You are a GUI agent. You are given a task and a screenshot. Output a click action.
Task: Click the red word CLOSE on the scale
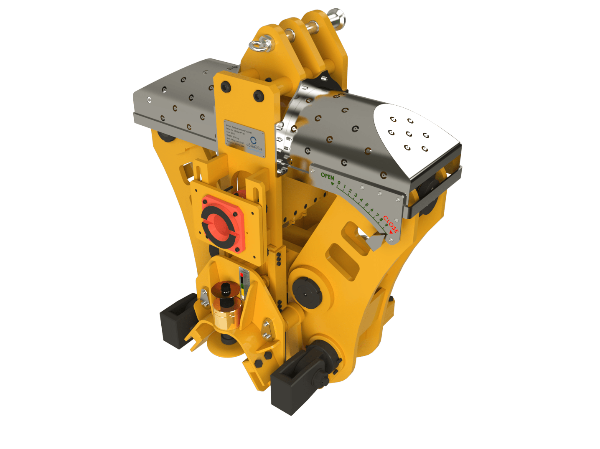pyautogui.click(x=391, y=224)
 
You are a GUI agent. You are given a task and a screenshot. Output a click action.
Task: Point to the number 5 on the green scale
pyautogui.click(x=366, y=205)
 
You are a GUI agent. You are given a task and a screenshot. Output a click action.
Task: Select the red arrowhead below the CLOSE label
pyautogui.click(x=391, y=232)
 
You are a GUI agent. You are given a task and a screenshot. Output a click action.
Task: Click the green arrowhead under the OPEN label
pyautogui.click(x=332, y=184)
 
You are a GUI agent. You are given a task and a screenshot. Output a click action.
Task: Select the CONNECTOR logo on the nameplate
pyautogui.click(x=254, y=142)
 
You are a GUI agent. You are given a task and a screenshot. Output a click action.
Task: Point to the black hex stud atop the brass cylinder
pyautogui.click(x=226, y=289)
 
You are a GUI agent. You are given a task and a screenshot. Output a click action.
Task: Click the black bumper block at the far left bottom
pyautogui.click(x=177, y=320)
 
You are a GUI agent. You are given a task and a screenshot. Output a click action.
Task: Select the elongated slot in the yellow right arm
pyautogui.click(x=343, y=262)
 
